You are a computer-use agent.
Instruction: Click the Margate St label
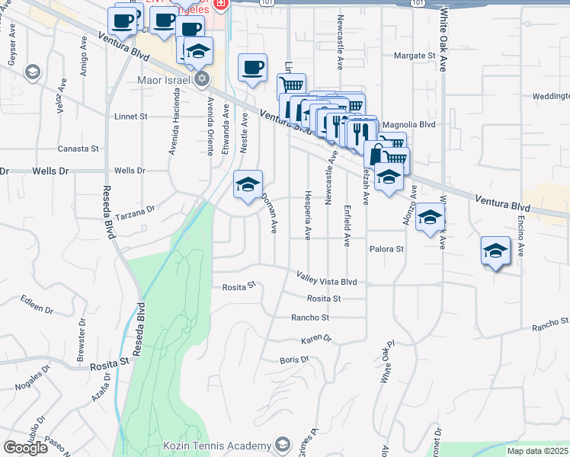(x=415, y=56)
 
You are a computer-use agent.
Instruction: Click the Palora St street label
(x=386, y=249)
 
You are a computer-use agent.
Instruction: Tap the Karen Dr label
(x=316, y=338)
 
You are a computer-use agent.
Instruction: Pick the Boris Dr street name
(x=294, y=360)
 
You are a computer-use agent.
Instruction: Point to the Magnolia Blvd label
(x=408, y=124)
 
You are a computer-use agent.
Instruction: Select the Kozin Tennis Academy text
(x=217, y=446)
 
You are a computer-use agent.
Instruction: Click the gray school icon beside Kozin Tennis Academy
(x=283, y=445)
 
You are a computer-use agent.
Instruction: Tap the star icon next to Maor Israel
(x=202, y=79)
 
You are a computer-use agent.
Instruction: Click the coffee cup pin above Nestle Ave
(x=252, y=67)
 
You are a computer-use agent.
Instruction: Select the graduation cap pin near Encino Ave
(x=495, y=251)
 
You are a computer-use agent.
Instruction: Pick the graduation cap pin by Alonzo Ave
(x=429, y=217)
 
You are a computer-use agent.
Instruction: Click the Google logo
(x=25, y=448)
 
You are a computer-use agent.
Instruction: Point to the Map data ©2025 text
(x=538, y=451)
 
